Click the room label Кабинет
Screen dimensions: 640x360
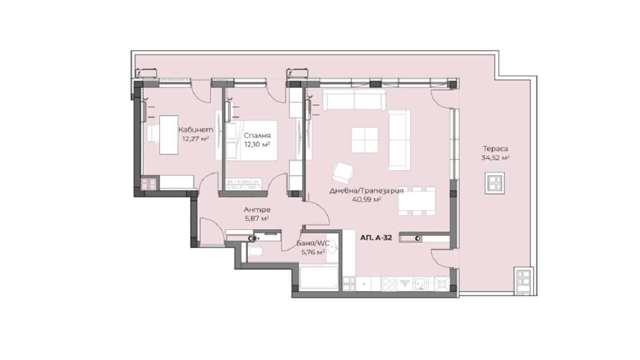196,130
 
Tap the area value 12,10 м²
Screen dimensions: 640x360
257,144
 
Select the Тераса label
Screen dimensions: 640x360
496,149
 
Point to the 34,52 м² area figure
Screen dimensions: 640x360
496,158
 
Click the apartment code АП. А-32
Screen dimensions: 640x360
376,238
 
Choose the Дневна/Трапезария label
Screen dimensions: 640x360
367,191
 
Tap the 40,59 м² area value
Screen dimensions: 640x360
367,200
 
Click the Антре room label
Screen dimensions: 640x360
257,210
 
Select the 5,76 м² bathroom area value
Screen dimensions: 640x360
313,252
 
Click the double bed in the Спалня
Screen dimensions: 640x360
252,140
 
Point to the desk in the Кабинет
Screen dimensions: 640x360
168,135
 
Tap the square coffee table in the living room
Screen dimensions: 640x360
365,140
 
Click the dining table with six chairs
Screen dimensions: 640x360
417,201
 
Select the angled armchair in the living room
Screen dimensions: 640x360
343,173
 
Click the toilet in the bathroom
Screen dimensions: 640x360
255,252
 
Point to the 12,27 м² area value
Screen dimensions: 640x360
196,139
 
